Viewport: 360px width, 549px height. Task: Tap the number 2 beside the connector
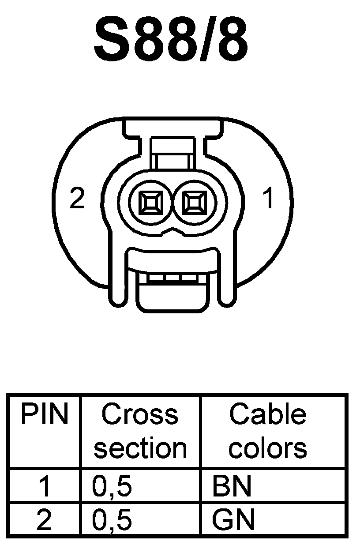pos(77,199)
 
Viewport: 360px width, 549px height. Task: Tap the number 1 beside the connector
pos(267,199)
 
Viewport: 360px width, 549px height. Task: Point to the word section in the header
pos(140,448)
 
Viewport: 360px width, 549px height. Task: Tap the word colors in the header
pos(267,448)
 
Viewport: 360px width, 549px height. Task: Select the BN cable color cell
pos(232,486)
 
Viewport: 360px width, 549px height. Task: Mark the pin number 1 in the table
pos(44,486)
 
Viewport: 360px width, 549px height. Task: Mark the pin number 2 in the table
pos(44,520)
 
